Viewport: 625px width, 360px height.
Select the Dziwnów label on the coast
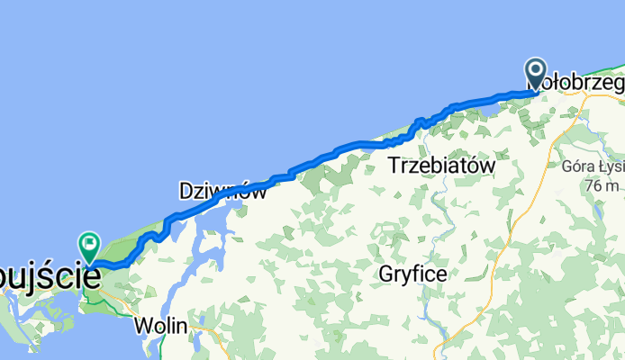(222, 191)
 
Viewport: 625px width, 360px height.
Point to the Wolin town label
(161, 325)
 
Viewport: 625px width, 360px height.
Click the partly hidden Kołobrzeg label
(581, 82)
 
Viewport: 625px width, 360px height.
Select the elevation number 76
(590, 185)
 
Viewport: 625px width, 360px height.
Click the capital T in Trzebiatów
(394, 166)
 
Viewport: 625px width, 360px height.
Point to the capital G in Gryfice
(386, 274)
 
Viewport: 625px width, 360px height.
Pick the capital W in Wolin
(143, 325)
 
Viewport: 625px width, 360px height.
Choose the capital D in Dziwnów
(186, 191)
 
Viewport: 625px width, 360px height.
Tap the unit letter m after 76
(611, 186)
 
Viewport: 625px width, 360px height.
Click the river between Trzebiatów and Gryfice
(439, 216)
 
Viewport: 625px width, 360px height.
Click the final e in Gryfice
(441, 274)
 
